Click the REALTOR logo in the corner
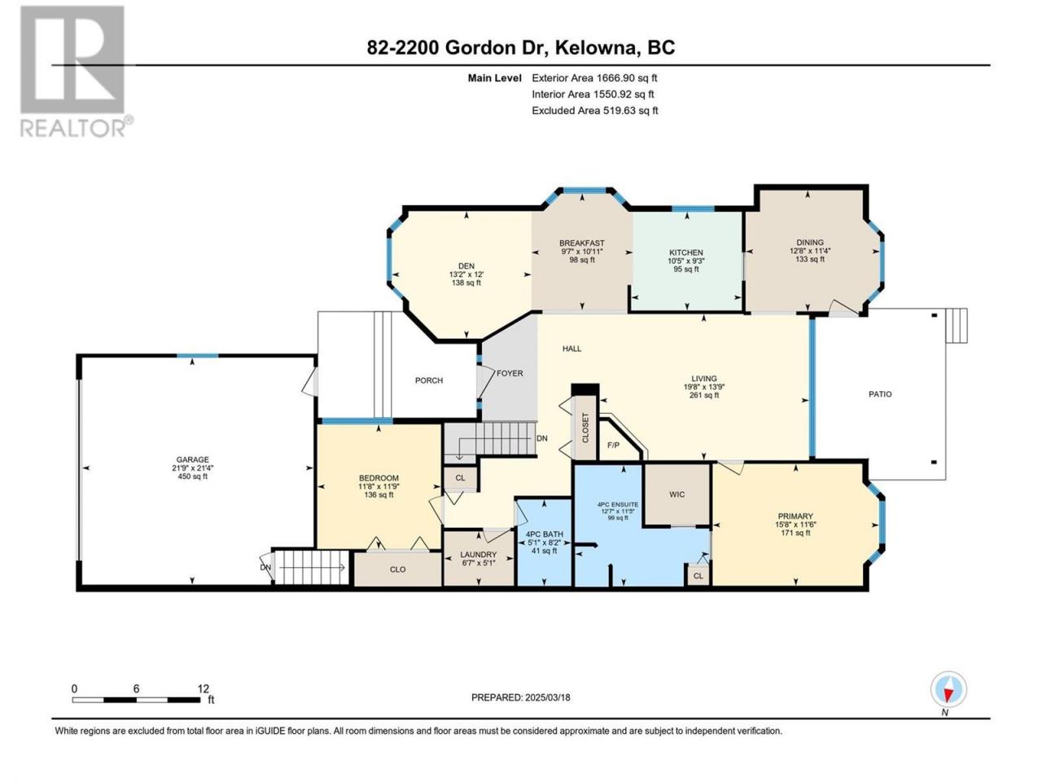point(75,71)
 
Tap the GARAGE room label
point(192,459)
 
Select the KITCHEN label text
point(686,253)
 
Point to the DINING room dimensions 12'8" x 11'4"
point(810,251)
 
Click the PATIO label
point(880,394)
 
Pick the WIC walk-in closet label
point(677,494)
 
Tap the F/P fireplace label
point(613,446)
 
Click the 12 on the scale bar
point(204,688)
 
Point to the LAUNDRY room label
point(478,555)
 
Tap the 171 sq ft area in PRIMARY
point(795,533)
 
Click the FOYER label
point(510,373)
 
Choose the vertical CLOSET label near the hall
point(584,428)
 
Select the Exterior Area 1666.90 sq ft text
point(594,78)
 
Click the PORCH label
point(429,380)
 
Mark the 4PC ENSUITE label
point(618,504)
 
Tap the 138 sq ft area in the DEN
point(466,283)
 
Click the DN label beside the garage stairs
point(265,568)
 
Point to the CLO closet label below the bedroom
point(398,569)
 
